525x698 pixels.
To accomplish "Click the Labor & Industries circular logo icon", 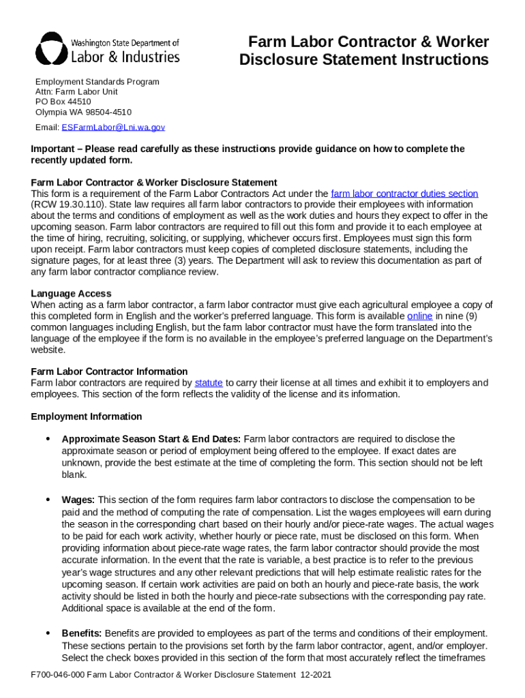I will coord(51,49).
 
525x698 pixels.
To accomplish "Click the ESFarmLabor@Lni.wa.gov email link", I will coord(113,127).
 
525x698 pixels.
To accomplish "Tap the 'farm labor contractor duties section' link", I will coord(404,194).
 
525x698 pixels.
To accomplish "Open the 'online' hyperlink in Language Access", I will coord(419,316).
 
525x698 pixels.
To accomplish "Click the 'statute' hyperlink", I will coord(209,383).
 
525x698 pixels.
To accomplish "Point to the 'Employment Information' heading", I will coord(87,416).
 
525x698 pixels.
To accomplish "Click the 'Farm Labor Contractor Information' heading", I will coord(109,371).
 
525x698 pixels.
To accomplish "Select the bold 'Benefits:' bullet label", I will coord(82,633).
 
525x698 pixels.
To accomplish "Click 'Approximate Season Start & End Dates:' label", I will coord(151,439).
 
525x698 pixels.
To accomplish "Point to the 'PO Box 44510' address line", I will coord(63,102).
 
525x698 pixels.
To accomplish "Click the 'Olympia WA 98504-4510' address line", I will coord(83,112).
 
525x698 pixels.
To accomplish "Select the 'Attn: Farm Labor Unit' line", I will coord(76,91).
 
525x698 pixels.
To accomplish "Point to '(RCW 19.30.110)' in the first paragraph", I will coord(66,204).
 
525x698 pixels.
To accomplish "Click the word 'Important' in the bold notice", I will coord(53,149).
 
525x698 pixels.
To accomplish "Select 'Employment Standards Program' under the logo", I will coord(97,82).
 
